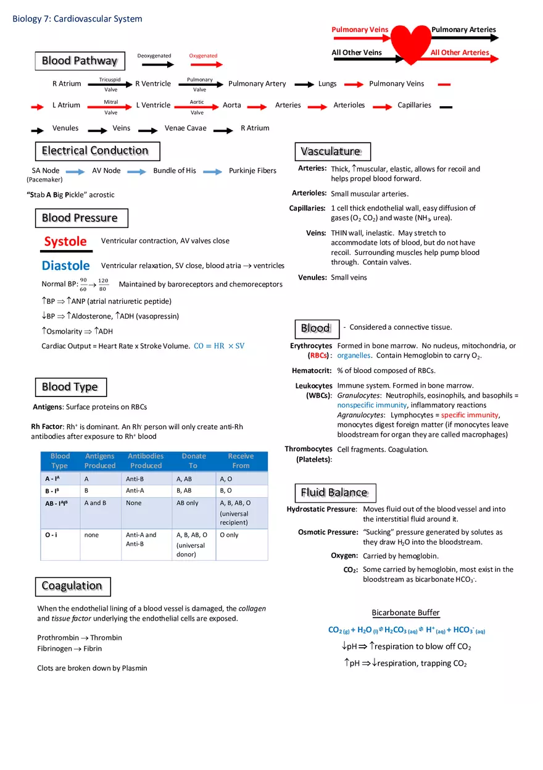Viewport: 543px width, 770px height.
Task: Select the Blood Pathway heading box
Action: click(80, 61)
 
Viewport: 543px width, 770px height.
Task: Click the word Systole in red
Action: click(65, 241)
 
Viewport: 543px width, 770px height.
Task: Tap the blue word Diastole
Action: click(66, 266)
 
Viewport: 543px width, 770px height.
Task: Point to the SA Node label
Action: click(46, 170)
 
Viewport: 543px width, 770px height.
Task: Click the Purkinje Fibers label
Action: click(252, 170)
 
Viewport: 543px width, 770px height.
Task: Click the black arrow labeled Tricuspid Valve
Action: click(110, 85)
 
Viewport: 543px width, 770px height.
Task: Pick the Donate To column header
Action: click(193, 461)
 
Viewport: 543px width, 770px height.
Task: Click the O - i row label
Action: click(51, 535)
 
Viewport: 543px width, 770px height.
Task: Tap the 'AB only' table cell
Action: click(188, 503)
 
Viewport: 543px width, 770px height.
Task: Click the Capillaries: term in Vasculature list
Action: click(307, 208)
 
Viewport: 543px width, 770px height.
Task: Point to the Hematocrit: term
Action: click(312, 370)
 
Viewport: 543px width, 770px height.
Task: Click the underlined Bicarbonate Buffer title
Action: click(405, 613)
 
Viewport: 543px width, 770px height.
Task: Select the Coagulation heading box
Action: click(72, 586)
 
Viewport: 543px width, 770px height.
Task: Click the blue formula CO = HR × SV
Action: click(219, 346)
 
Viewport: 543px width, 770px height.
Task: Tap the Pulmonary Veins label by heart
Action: click(360, 30)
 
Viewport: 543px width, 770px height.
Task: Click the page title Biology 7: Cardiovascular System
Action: click(77, 19)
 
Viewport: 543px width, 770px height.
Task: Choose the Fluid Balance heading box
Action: click(334, 493)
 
